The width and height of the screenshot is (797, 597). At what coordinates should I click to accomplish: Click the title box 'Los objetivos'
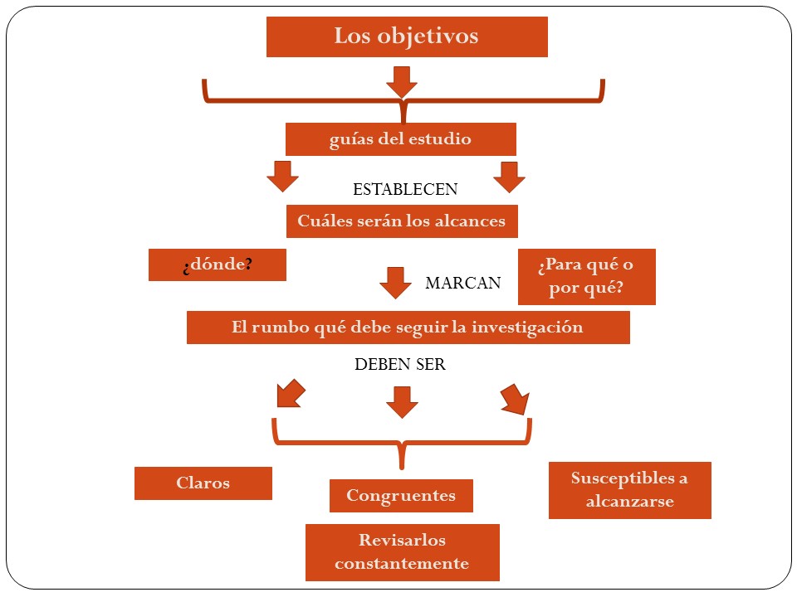click(407, 36)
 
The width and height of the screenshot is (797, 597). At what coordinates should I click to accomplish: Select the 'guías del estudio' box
click(400, 139)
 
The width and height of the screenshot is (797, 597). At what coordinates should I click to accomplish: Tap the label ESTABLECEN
click(405, 189)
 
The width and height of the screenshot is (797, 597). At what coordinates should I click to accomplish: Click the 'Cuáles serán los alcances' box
click(402, 221)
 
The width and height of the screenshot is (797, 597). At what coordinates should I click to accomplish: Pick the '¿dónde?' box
click(217, 265)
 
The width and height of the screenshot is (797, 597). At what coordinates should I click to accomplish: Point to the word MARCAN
click(463, 283)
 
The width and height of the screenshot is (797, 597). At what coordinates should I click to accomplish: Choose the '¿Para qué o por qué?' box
click(587, 277)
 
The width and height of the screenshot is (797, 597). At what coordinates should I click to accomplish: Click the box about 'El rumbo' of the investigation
click(408, 328)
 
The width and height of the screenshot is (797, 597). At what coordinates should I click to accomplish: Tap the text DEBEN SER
click(400, 364)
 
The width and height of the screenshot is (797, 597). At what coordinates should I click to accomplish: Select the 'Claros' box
click(203, 483)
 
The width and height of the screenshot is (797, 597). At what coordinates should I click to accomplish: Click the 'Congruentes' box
click(401, 496)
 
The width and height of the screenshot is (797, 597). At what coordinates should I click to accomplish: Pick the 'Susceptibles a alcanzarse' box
click(630, 490)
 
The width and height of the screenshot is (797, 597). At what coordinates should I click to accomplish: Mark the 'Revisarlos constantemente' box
click(402, 552)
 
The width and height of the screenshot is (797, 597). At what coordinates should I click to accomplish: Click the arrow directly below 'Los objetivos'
click(402, 82)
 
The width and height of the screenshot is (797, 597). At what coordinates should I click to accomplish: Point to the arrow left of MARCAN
click(395, 283)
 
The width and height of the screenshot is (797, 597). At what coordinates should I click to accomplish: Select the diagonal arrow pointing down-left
click(291, 393)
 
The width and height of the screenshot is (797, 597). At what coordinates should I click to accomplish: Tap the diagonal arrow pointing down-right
click(516, 400)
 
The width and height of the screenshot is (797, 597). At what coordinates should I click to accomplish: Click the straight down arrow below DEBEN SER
click(402, 403)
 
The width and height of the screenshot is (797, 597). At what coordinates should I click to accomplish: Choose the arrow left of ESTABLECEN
click(282, 177)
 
